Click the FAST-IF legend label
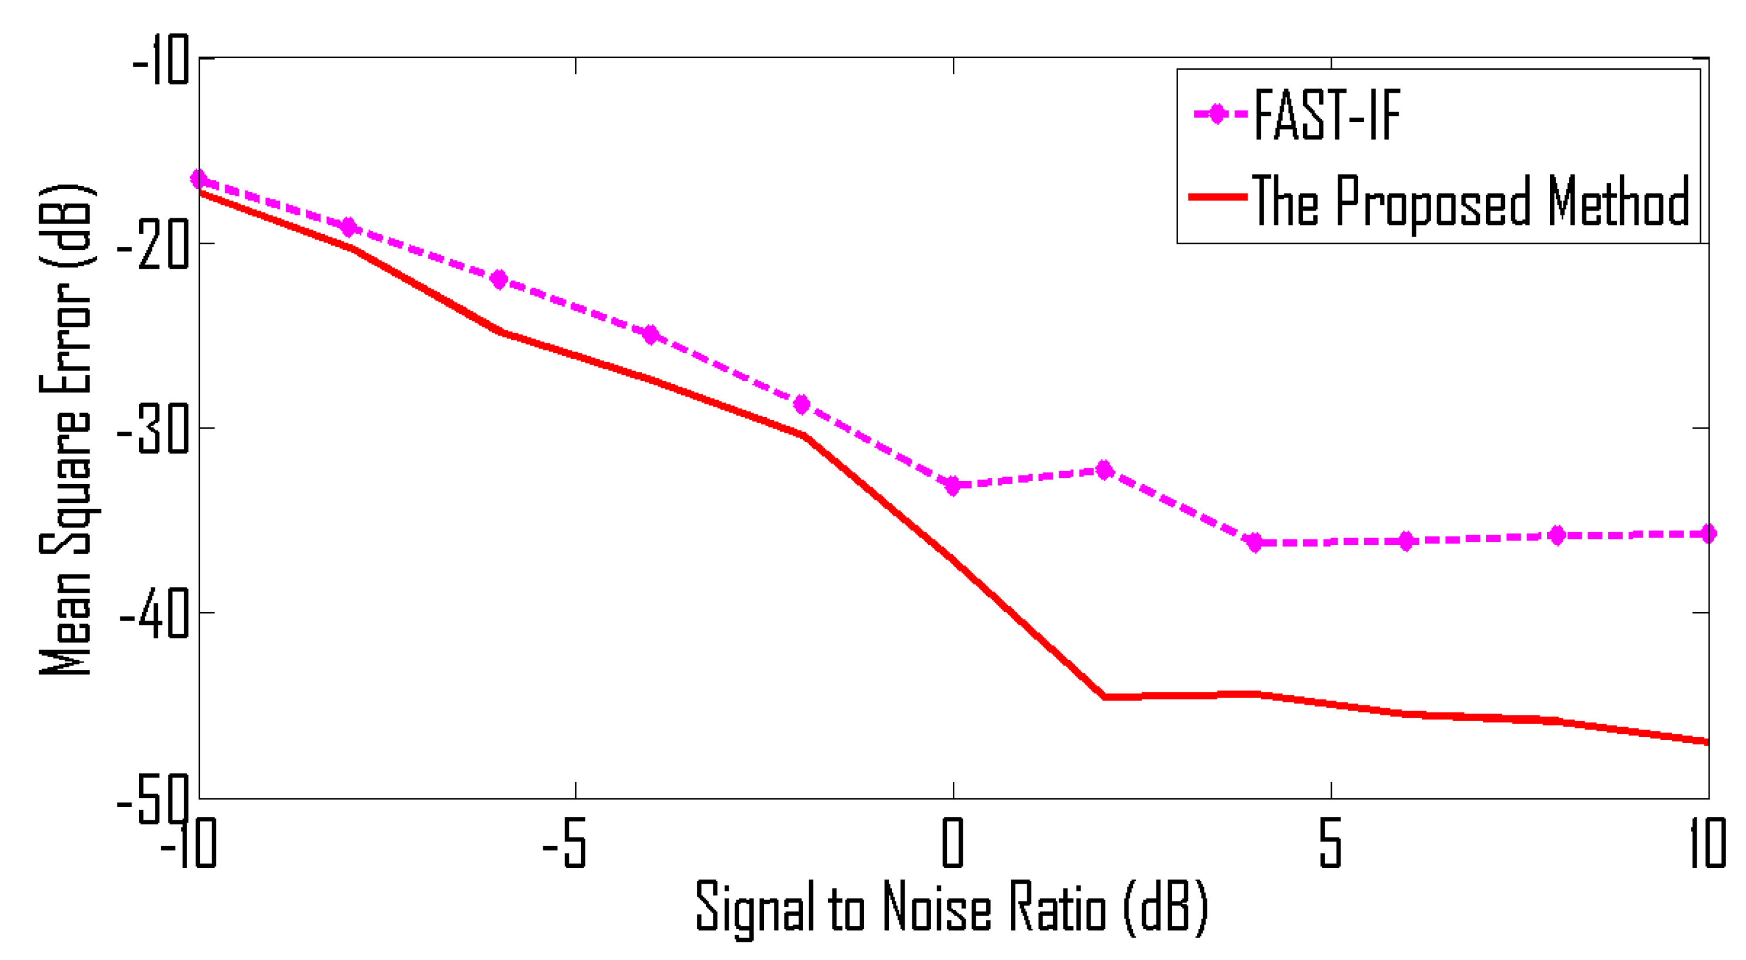pos(1327,115)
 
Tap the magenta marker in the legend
pos(1217,114)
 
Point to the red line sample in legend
pos(1217,197)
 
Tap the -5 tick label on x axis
pos(564,844)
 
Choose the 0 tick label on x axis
pos(952,844)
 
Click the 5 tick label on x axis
pos(1330,844)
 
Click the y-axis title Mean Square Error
pos(66,430)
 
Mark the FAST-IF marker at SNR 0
pos(953,485)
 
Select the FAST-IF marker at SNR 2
pos(1105,470)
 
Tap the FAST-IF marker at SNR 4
pos(1256,542)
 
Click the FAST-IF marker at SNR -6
pos(499,279)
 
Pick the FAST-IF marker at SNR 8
pos(1558,536)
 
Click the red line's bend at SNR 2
pos(1105,697)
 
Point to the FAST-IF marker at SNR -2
pos(802,405)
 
